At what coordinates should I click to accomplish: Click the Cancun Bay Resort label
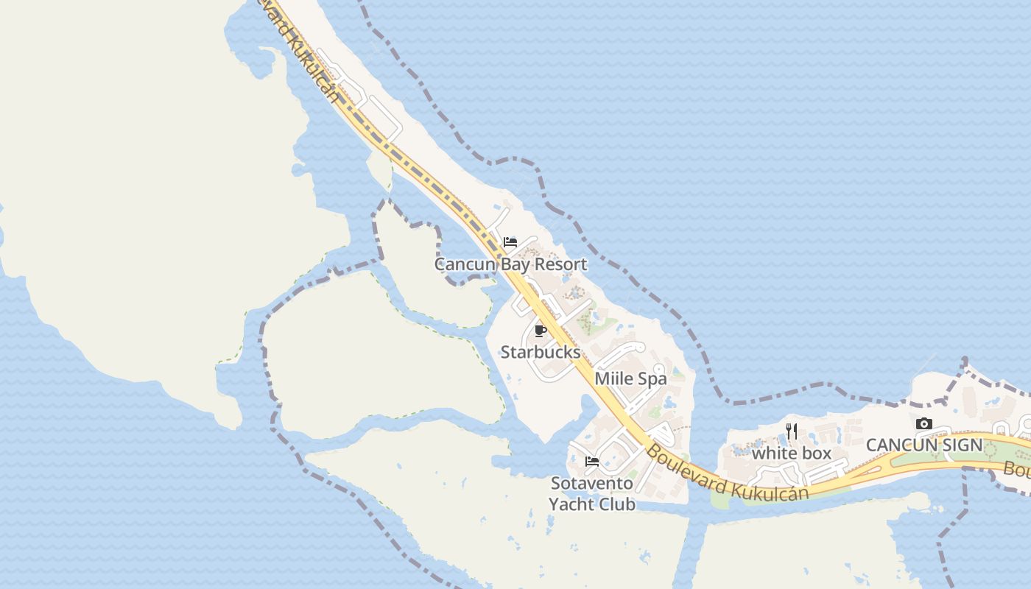point(510,264)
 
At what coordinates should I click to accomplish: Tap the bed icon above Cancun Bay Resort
point(510,242)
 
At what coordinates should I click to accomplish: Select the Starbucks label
point(541,352)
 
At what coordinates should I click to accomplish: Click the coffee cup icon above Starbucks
point(541,331)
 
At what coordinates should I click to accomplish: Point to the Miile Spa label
point(630,379)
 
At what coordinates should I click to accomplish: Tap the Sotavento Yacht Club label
point(592,494)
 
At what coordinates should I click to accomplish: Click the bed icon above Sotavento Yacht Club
point(592,462)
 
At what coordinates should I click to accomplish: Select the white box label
point(792,454)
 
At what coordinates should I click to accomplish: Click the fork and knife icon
point(792,431)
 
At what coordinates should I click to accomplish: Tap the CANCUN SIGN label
point(924,445)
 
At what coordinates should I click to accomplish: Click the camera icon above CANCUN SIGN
point(924,424)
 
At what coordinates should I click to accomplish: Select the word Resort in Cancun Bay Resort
point(561,264)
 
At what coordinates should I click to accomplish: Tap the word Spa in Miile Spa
point(652,379)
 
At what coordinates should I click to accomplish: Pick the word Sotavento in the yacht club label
point(592,484)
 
